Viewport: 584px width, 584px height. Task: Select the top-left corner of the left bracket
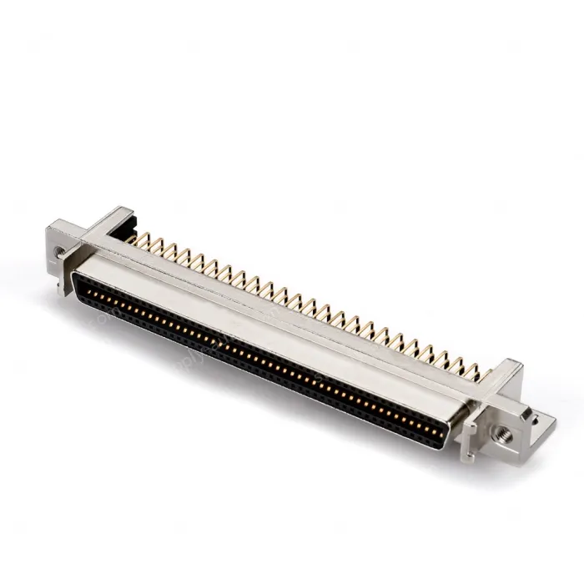[52, 224]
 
